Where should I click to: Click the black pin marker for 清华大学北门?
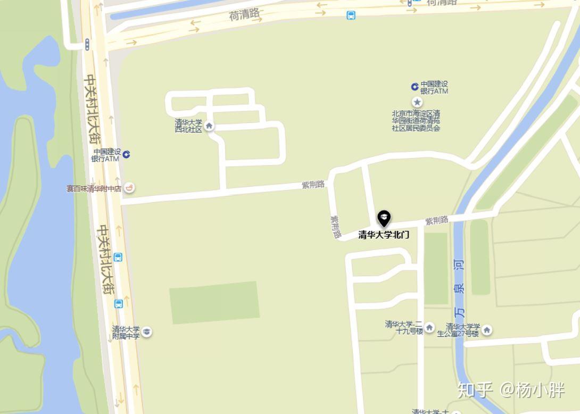point(384,218)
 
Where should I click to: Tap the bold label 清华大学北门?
point(384,235)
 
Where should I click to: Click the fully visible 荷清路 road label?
point(244,14)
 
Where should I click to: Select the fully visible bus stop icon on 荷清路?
point(351,15)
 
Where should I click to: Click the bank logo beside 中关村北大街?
point(126,154)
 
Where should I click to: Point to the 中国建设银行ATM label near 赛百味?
point(106,155)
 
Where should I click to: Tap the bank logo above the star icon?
point(415,87)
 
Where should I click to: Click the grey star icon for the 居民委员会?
point(417,102)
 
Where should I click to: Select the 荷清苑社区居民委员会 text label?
point(416,121)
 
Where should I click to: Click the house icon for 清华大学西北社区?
point(209,126)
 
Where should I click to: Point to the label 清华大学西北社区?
point(189,126)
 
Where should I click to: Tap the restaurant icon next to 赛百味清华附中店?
point(130,187)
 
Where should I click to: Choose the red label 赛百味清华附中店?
point(94,188)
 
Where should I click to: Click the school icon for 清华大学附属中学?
point(146,332)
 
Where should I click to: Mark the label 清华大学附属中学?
point(126,332)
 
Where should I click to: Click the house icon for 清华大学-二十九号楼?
point(429,327)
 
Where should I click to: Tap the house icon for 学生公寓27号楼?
point(486,330)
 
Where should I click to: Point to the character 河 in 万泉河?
point(459,264)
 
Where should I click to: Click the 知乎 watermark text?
point(475,390)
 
